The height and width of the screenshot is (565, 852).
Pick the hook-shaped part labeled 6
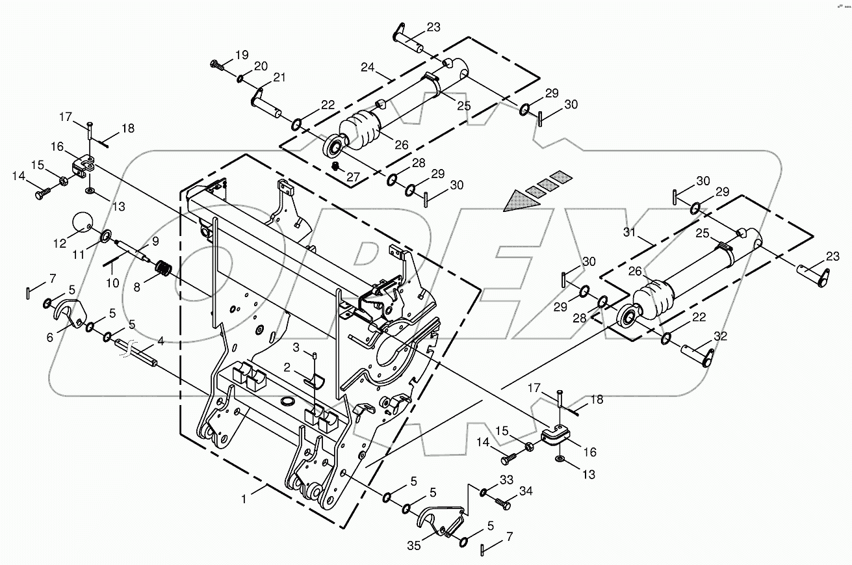pyautogui.click(x=66, y=313)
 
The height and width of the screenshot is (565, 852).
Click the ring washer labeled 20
pyautogui.click(x=240, y=79)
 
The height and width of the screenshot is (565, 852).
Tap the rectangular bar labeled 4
pyautogui.click(x=136, y=350)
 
